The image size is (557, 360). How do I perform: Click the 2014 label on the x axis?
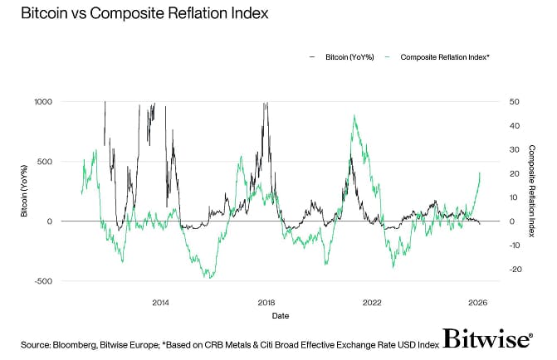pos(160,303)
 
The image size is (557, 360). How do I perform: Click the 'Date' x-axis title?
pos(280,316)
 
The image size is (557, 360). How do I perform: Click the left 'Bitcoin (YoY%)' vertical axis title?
pos(26,191)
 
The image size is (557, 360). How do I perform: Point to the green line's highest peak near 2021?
pos(354,116)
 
